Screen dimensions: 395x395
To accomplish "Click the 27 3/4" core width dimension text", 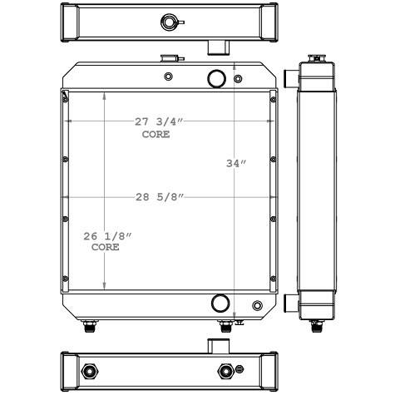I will pos(159,122).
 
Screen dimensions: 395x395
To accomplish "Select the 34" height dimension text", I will pos(237,164).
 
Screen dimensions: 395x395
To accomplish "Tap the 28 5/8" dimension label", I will pos(159,197).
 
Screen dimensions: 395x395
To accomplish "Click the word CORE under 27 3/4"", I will pos(155,134).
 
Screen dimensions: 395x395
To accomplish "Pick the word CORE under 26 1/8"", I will pos(105,248).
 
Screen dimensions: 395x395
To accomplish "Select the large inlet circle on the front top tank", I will pos(216,78).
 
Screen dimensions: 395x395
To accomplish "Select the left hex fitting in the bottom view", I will pos(90,370).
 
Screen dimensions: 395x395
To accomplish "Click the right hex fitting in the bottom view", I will pos(223,370).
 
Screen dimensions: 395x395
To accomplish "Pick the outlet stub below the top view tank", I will pos(217,46).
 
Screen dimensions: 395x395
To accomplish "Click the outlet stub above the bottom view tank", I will pos(217,344).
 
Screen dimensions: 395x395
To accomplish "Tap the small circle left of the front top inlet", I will pos(169,77).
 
